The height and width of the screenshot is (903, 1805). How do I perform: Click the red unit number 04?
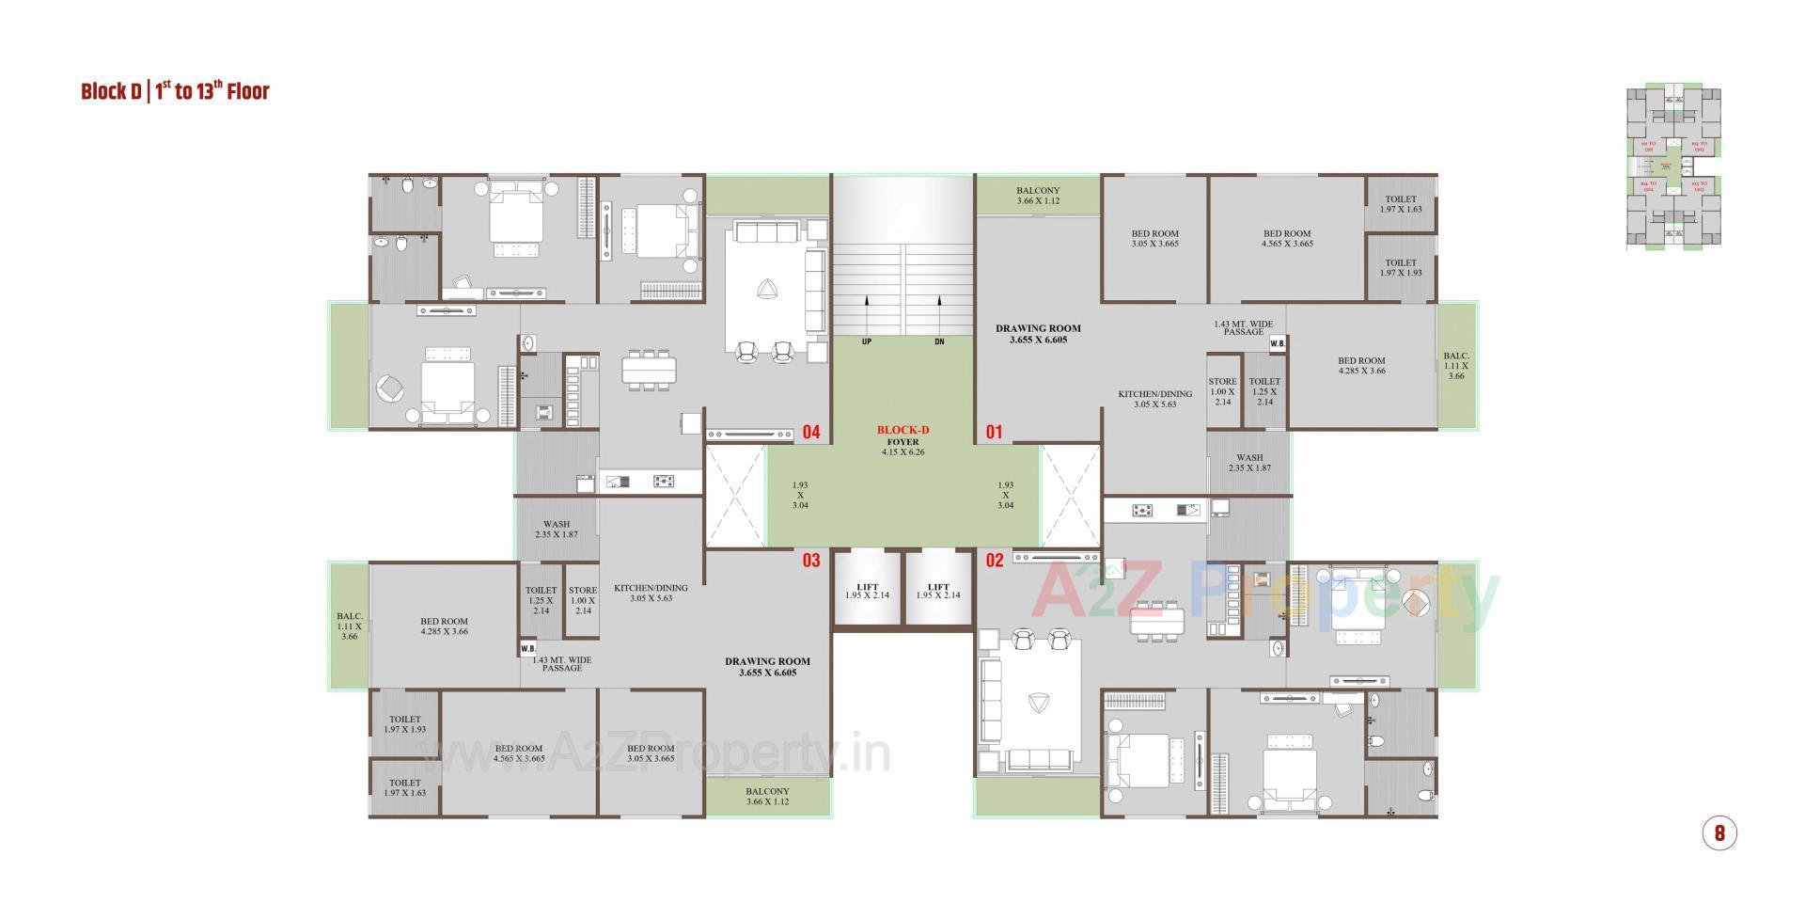pos(810,433)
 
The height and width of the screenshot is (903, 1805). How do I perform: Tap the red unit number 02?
pos(994,561)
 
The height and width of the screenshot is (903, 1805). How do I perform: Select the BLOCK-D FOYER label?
pos(902,440)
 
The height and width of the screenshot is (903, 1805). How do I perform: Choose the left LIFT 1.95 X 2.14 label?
pos(867,591)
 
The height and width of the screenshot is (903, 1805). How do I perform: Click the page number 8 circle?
pos(1719,832)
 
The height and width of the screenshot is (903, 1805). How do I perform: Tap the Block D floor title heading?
pos(175,91)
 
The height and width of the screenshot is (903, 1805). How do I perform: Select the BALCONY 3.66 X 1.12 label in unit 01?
pos(1037,196)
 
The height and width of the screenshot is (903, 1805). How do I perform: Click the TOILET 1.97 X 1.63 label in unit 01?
pos(1400,204)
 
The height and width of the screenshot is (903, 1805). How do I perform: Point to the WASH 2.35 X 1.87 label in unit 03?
pos(556,530)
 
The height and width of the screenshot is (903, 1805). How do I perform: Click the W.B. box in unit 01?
pos(1277,344)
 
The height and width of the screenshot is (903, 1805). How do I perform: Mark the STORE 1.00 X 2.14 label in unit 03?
pos(583,600)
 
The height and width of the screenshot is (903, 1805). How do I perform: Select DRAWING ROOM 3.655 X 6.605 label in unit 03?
pos(767,667)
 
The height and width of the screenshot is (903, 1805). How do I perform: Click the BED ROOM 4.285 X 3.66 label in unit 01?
pos(1361,365)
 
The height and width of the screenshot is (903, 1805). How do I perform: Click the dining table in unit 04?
pos(649,370)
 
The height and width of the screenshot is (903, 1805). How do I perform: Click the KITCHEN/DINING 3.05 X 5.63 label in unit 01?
pos(1154,399)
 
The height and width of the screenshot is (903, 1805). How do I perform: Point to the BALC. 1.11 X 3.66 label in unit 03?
pos(349,626)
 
